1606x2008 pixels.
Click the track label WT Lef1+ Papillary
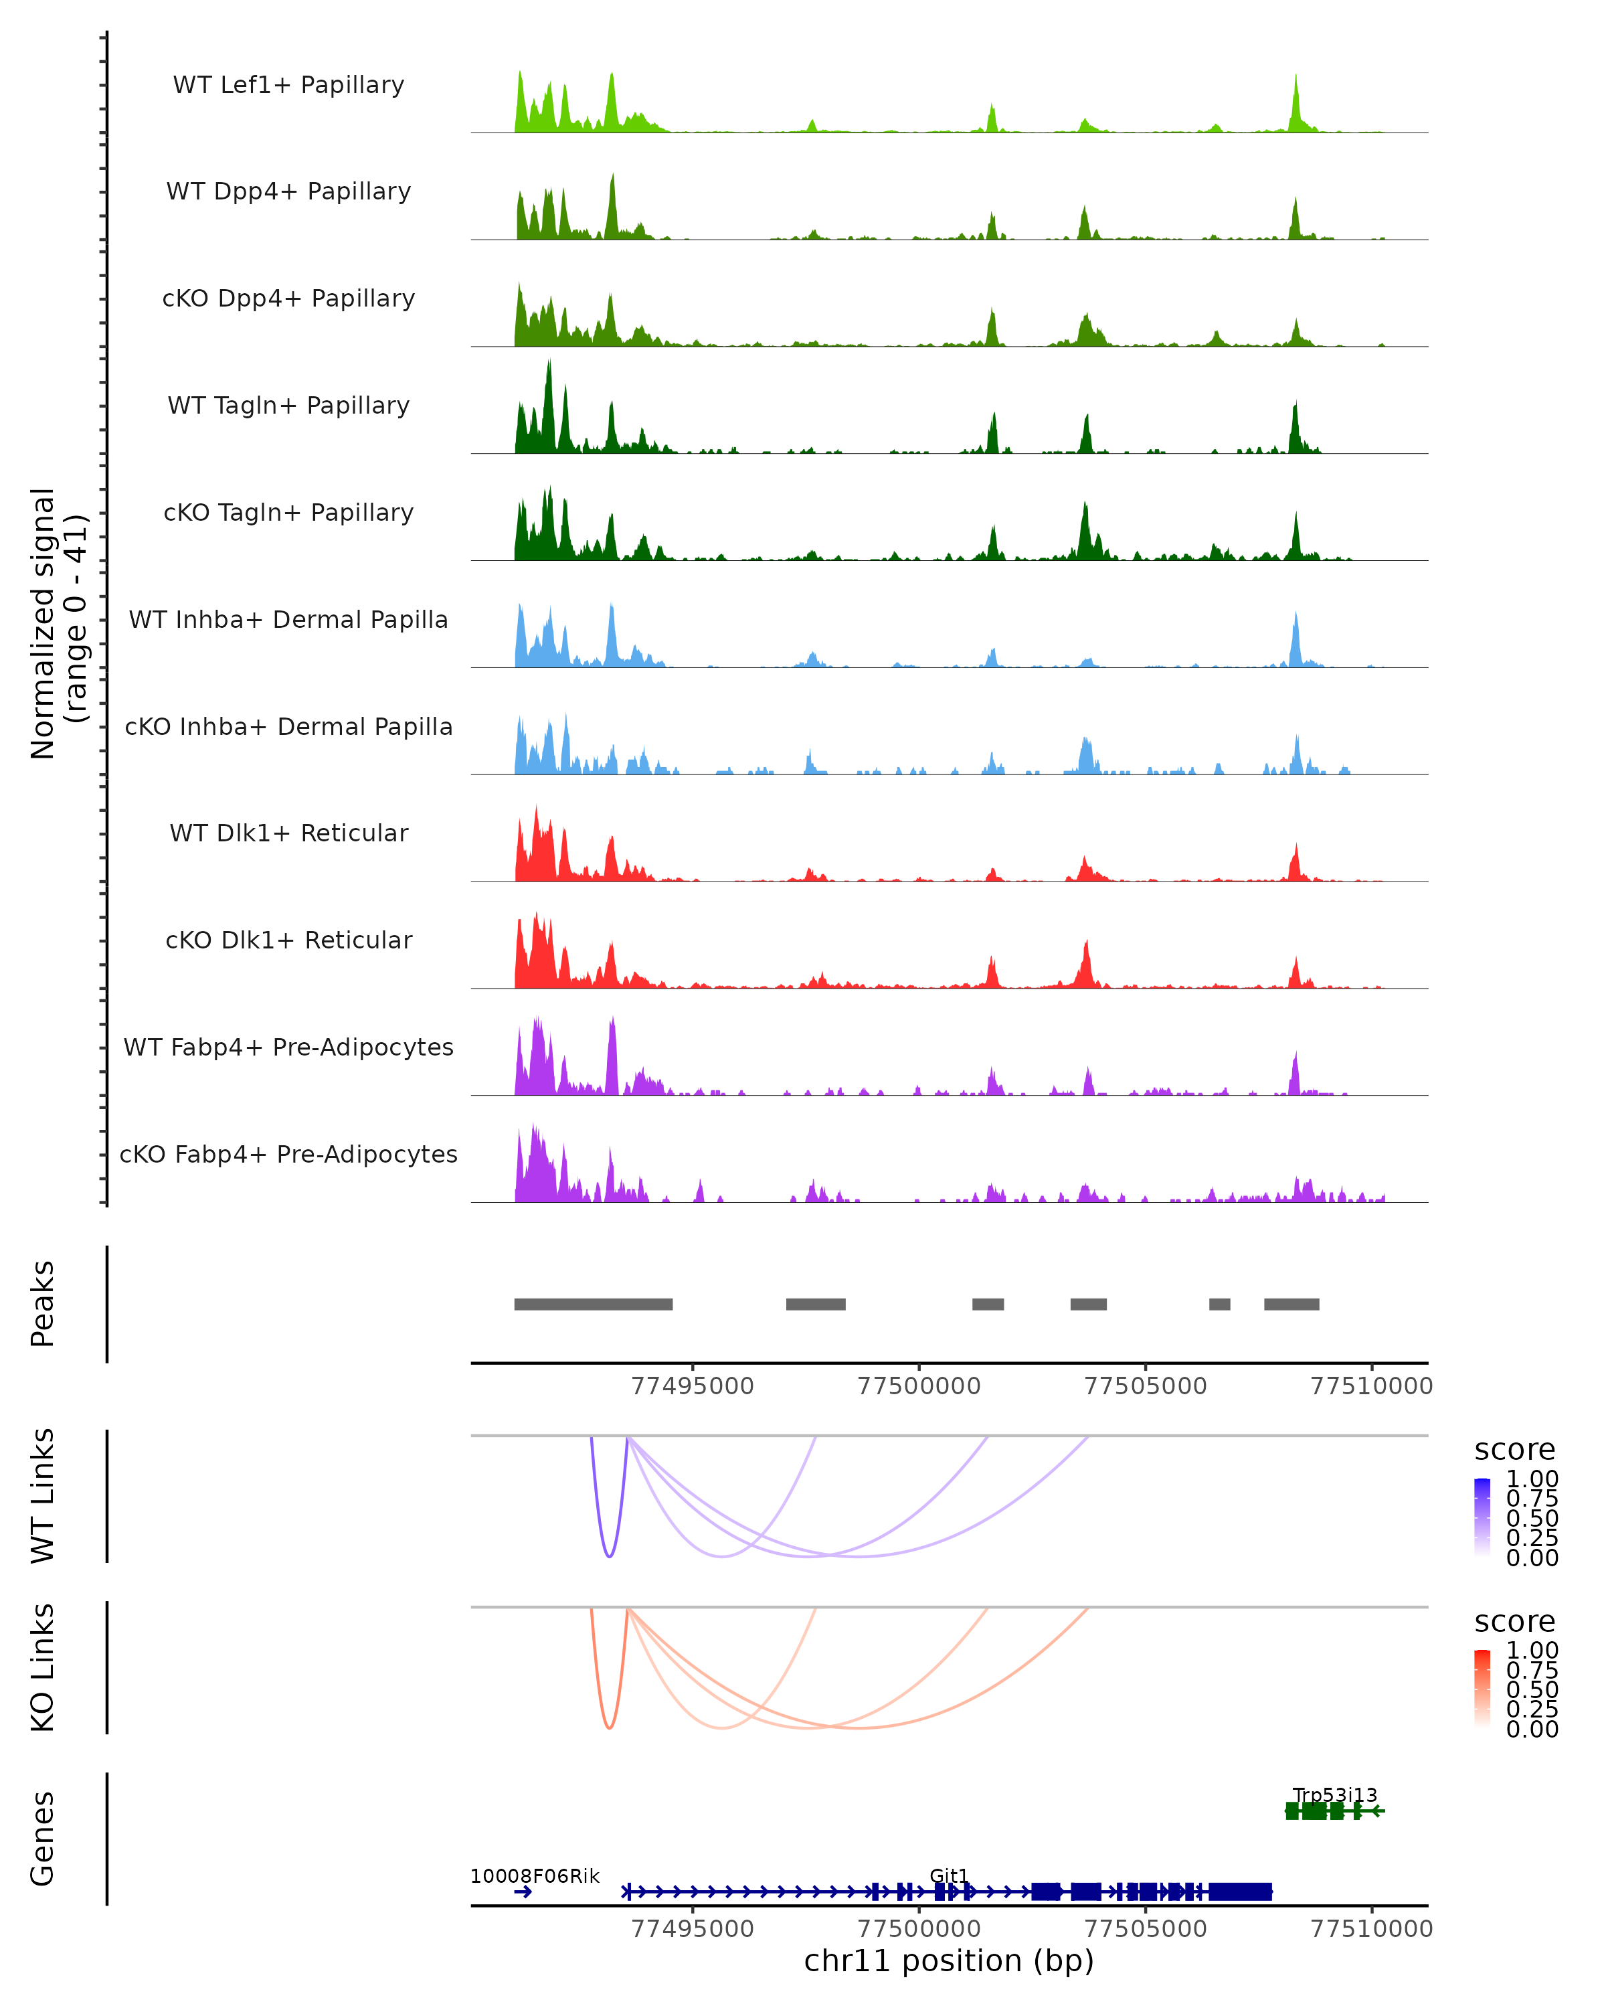click(x=288, y=85)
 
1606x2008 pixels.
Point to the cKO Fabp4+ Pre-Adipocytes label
click(x=288, y=1154)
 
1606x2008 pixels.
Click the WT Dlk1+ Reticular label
click(x=288, y=833)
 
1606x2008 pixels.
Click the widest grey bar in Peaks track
click(x=593, y=1304)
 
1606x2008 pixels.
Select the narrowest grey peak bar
click(x=1220, y=1304)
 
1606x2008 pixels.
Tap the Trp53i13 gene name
click(x=1334, y=1794)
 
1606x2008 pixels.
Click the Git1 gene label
click(x=949, y=1875)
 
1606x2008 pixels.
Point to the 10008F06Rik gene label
click(x=535, y=1875)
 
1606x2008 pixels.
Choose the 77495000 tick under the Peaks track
click(x=693, y=1386)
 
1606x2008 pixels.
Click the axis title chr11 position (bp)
click(x=949, y=1960)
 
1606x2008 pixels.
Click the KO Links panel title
click(x=43, y=1667)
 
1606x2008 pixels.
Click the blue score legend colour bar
click(x=1482, y=1516)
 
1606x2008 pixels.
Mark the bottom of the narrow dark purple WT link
click(x=609, y=1556)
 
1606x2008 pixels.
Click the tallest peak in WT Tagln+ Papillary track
click(x=549, y=363)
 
